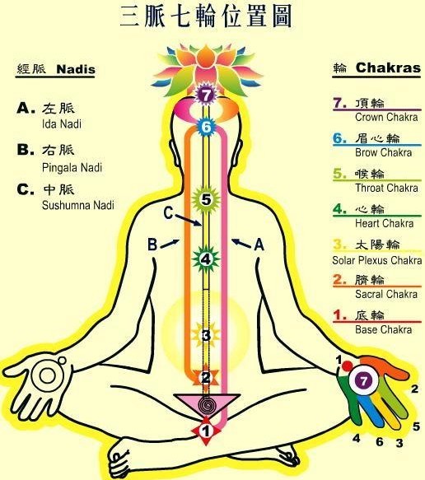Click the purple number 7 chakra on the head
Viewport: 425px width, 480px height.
[206, 96]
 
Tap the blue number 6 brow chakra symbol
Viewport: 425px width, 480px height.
[206, 127]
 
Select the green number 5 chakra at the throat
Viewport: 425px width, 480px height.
[206, 200]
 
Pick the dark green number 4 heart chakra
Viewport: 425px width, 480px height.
[206, 259]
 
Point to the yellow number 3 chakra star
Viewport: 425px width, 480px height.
[206, 335]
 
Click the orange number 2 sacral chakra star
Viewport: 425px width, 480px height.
[206, 377]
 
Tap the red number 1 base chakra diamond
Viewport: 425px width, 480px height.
[206, 431]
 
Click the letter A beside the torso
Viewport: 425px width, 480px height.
[259, 245]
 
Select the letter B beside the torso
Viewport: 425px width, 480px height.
[152, 245]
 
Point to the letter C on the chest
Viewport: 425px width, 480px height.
[168, 213]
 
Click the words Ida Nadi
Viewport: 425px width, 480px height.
[62, 124]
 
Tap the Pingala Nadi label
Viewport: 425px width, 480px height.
[72, 167]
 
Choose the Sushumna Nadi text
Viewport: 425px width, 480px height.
[78, 205]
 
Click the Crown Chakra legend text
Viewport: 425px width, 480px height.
[386, 117]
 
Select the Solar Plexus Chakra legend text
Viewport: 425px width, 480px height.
[377, 260]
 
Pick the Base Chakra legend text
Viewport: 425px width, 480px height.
[383, 329]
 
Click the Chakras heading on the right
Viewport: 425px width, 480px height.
[388, 68]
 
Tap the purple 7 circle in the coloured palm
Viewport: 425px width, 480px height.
[363, 381]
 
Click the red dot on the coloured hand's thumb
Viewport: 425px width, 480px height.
[348, 366]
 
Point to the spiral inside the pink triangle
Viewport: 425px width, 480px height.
[207, 405]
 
